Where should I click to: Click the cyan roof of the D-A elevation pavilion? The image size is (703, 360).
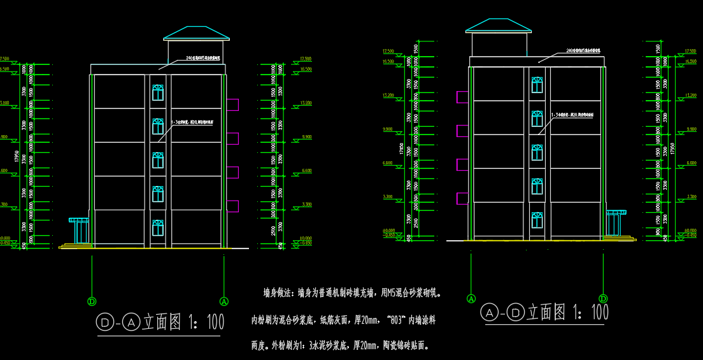[x=196, y=32]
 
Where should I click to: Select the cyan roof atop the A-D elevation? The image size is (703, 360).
[x=498, y=24]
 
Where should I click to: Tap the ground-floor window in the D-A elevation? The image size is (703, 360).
[x=158, y=227]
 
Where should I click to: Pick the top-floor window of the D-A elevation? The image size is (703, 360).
[x=158, y=92]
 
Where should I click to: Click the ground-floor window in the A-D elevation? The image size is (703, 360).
[x=537, y=220]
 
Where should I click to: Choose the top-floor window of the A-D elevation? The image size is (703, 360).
[x=537, y=85]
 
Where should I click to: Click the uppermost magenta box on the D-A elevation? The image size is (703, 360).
[x=232, y=104]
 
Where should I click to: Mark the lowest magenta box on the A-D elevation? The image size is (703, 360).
[x=462, y=198]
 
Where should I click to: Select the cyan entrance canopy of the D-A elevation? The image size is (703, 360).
[x=80, y=221]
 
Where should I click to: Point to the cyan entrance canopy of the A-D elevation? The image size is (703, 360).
[x=616, y=213]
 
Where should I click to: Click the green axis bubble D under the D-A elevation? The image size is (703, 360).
[x=92, y=301]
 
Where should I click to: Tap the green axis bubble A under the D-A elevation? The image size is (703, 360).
[x=224, y=301]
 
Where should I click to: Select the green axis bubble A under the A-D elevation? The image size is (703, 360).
[x=471, y=298]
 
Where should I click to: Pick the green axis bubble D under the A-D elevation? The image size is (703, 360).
[x=603, y=298]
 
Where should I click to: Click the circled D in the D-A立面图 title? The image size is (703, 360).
[x=103, y=323]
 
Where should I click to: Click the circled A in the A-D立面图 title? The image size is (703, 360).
[x=489, y=313]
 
